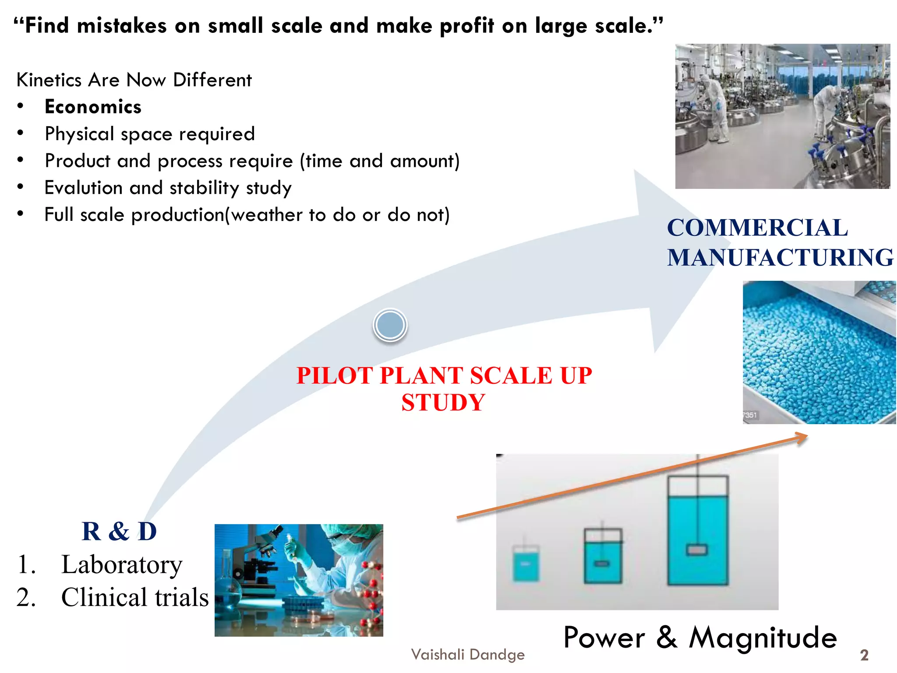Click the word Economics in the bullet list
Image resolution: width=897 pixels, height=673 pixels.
93,107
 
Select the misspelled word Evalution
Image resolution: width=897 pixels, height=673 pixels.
83,188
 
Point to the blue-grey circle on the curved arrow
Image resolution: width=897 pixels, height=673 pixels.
390,325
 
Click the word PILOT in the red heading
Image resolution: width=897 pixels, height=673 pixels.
335,376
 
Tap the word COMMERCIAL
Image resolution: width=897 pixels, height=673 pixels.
757,228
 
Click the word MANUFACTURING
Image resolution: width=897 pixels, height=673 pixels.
780,257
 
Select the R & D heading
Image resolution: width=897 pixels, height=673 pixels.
119,531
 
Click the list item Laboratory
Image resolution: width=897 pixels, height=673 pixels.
121,565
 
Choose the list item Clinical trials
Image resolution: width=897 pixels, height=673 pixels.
134,598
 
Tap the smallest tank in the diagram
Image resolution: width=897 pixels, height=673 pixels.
526,564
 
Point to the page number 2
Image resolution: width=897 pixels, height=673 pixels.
864,655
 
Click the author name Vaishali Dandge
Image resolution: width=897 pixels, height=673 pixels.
468,655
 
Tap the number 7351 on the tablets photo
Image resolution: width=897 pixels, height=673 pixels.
750,415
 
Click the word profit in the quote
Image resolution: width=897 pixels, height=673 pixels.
467,25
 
